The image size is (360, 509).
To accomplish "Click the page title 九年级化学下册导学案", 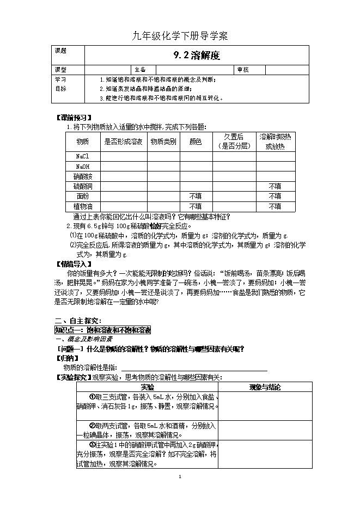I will (x=180, y=36).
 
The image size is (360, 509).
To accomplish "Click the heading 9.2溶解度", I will (x=196, y=54).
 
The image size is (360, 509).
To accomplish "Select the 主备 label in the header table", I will (x=140, y=70).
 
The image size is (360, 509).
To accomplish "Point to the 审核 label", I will (x=242, y=70).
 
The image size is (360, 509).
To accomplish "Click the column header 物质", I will (x=82, y=142).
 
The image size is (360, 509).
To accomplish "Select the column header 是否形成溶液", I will (x=123, y=142).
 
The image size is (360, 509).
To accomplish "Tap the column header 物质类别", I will (x=163, y=142).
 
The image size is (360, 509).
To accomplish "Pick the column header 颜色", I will (x=196, y=142).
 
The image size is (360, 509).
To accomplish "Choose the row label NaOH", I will (x=82, y=167).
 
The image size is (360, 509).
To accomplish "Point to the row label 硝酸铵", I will (x=82, y=176).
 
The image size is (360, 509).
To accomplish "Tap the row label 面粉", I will (x=82, y=196).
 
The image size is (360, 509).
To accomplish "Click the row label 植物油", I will (x=82, y=206).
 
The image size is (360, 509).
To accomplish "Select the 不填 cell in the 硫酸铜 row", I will (x=274, y=186).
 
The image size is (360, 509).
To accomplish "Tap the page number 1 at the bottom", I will (x=180, y=477).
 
